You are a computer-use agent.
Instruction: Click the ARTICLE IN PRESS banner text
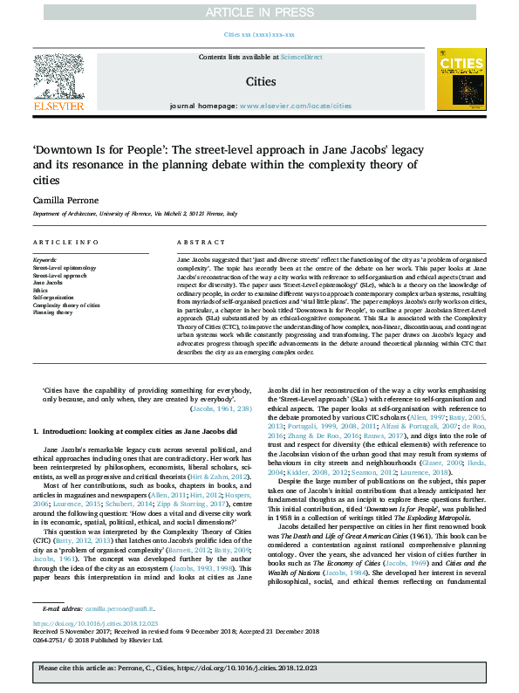(259, 12)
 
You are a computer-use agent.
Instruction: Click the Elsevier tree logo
(58, 78)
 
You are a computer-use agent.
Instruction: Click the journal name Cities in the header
(259, 81)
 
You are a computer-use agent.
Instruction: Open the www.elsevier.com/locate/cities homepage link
(296, 106)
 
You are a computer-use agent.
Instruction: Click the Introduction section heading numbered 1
(135, 431)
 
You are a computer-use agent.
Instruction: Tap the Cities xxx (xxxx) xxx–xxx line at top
(259, 34)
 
